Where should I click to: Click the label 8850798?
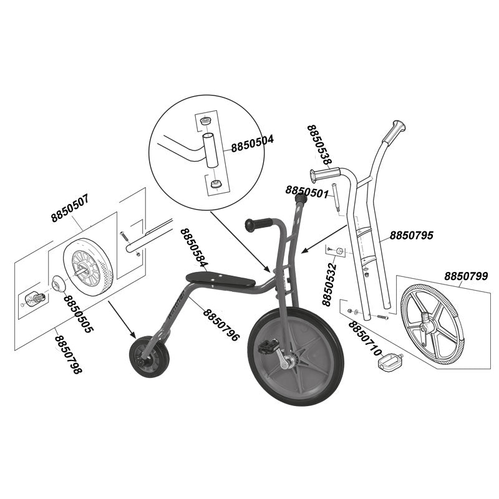pyautogui.click(x=68, y=354)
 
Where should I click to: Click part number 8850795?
pyautogui.click(x=412, y=235)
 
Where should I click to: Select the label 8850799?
pyautogui.click(x=466, y=275)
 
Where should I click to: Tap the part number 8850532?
pyautogui.click(x=330, y=282)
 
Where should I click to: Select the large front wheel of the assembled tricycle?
pyautogui.click(x=296, y=356)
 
